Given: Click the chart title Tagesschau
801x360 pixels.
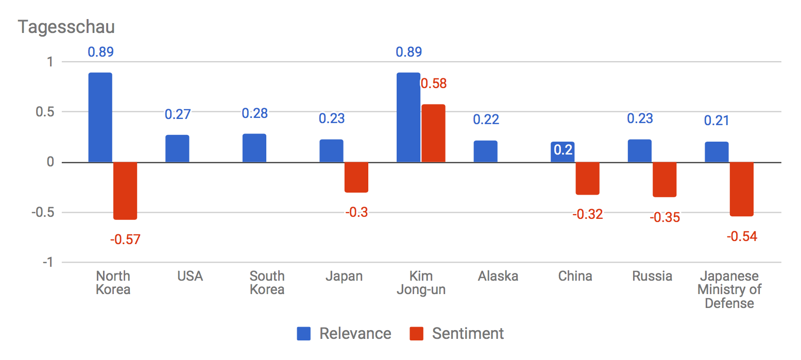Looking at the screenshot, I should point(66,27).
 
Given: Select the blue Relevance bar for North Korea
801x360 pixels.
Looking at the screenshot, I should point(100,117).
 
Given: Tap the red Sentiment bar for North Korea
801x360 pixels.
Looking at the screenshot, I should point(125,191).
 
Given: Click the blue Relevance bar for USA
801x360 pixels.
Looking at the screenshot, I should point(177,149).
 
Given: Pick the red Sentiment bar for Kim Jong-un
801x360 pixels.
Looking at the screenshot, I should point(433,133).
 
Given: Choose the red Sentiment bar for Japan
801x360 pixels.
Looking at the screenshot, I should point(356,177).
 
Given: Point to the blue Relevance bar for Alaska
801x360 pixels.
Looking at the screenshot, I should point(485,151).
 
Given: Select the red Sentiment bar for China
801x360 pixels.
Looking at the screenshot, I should point(587,178).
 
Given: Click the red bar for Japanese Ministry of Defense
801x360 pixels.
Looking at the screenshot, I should point(741,189).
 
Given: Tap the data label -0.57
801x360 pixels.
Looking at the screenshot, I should point(125,239).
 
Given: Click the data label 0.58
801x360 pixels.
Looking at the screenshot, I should point(434,83).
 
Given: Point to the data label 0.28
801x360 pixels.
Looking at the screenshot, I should point(254,113).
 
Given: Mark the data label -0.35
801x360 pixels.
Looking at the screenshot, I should point(664,217).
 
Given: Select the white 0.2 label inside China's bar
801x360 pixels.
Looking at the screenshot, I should point(563,151).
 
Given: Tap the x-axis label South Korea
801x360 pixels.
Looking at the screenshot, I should point(267,283).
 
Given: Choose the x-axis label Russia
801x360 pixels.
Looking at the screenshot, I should point(652,277).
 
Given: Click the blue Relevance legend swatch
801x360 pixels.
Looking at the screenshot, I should point(303,334).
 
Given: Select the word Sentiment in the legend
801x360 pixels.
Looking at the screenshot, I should point(468,334).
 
